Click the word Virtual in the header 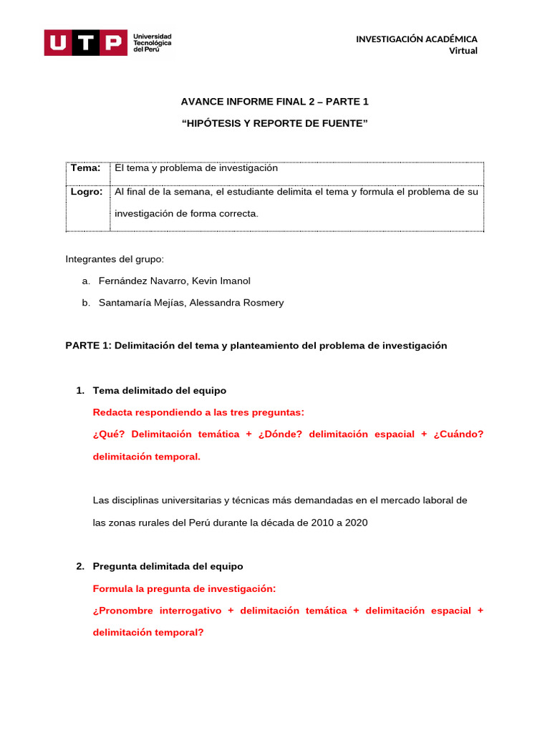click(463, 50)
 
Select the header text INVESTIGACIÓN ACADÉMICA click(416, 39)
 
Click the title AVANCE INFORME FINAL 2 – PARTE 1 click(275, 102)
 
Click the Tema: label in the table click(85, 168)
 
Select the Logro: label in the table click(87, 192)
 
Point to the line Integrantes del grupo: click(115, 259)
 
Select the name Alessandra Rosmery click(236, 303)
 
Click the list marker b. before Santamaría click(85, 303)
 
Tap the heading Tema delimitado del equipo click(159, 390)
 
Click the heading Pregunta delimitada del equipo click(168, 566)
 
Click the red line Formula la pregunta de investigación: click(184, 588)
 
